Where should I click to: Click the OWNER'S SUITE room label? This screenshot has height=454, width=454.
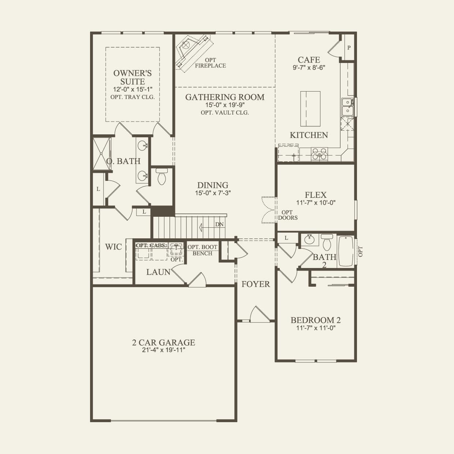click(133, 77)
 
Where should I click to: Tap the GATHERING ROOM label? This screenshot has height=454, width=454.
click(225, 97)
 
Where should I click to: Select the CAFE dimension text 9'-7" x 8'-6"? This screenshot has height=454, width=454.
click(309, 68)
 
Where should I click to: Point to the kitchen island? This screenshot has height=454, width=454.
click(310, 109)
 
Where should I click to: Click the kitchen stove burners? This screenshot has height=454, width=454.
click(319, 154)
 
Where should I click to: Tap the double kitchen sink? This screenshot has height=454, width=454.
click(347, 107)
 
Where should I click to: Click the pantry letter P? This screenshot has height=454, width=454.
click(349, 48)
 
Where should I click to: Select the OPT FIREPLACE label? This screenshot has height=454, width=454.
click(211, 63)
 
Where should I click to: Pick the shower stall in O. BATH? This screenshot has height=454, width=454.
click(101, 154)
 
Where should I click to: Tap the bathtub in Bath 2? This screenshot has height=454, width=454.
click(346, 251)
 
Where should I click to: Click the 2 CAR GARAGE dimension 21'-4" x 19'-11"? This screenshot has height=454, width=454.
click(164, 350)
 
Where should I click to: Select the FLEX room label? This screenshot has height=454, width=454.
click(316, 195)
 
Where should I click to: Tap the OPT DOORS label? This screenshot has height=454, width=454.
click(288, 215)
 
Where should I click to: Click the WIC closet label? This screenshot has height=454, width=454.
click(113, 247)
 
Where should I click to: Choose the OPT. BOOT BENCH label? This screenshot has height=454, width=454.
click(202, 250)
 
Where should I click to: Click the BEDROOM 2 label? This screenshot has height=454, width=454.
click(316, 320)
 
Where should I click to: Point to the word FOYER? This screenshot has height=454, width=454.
click(256, 284)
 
